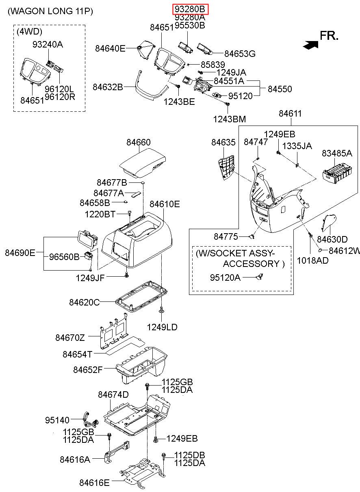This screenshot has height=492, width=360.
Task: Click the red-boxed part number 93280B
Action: click(190, 9)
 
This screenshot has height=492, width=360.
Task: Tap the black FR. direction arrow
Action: click(310, 45)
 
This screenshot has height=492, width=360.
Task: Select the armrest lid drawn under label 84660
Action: click(142, 163)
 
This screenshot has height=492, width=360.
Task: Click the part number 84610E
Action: click(165, 204)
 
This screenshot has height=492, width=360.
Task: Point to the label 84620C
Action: click(85, 302)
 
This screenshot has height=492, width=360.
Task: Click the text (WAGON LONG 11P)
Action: click(50, 11)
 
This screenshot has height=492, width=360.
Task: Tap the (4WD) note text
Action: click(29, 32)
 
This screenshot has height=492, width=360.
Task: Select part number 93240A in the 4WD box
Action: click(48, 44)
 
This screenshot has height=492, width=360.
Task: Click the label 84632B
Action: click(108, 87)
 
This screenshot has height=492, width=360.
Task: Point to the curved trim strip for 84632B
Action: click(152, 87)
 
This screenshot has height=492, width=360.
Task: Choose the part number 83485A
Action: click(337, 153)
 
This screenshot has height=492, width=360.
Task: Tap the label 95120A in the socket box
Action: click(225, 277)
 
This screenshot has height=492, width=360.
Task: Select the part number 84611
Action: click(290, 113)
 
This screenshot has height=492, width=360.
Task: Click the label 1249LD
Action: click(162, 327)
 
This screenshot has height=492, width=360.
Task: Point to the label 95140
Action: click(57, 420)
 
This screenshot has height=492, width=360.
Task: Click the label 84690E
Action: click(20, 253)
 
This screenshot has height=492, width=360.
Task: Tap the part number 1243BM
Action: click(229, 119)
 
